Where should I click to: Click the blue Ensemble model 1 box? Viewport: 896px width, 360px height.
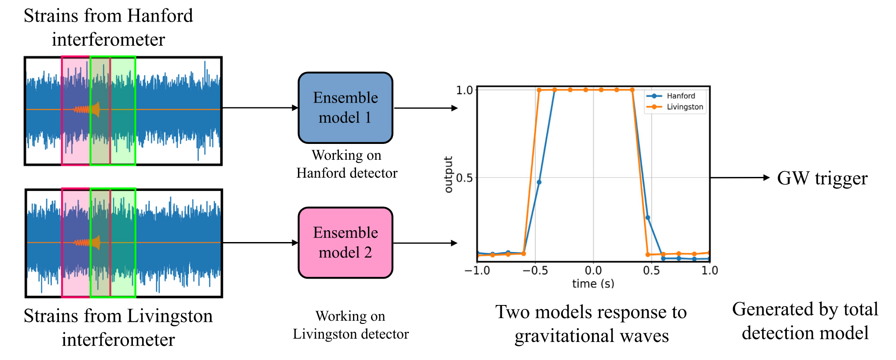345,108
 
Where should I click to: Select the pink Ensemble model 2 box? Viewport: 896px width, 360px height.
345,242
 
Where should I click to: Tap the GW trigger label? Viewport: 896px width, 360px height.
822,178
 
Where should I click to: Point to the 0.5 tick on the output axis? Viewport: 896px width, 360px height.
464,178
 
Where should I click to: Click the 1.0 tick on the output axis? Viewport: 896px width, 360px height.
464,91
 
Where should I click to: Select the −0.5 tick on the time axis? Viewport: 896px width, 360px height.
535,270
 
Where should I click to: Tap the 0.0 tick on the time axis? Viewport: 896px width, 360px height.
593,270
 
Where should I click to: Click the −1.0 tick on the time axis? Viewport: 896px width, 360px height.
477,270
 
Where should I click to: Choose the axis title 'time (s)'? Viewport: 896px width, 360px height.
593,284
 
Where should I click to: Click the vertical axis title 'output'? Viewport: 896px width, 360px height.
448,175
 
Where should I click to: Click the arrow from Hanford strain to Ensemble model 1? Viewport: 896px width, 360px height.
260,108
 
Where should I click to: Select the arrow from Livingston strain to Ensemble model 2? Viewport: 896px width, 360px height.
260,242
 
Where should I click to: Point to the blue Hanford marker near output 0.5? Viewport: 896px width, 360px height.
539,182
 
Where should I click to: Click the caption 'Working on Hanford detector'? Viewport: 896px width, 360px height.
347,164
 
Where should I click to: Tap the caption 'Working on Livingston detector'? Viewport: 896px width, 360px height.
351,325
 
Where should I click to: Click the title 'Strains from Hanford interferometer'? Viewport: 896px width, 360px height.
108,27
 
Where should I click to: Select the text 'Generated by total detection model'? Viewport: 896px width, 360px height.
805,321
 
